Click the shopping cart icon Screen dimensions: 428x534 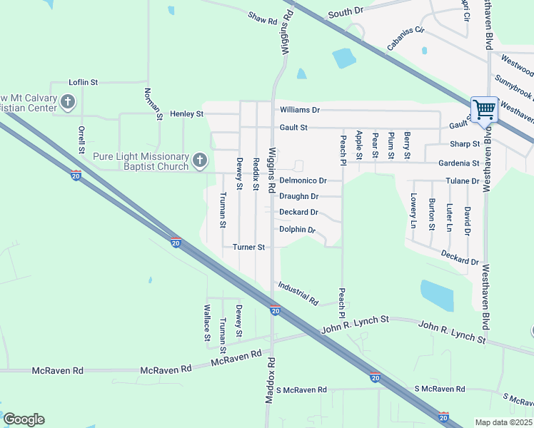click(x=484, y=110)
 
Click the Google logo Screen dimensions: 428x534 click(x=24, y=419)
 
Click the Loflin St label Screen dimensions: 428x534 click(x=83, y=83)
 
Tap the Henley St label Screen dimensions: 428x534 click(x=186, y=113)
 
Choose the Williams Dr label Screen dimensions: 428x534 click(x=300, y=110)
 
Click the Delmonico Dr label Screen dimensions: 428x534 click(x=303, y=180)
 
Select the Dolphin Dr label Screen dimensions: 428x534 click(x=297, y=230)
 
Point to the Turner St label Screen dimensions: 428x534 click(x=249, y=247)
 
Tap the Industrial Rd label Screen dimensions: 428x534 click(x=298, y=292)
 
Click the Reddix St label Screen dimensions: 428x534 click(x=256, y=174)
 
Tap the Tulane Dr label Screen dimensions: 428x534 click(x=462, y=181)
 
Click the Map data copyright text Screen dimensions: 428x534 click(x=503, y=422)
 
